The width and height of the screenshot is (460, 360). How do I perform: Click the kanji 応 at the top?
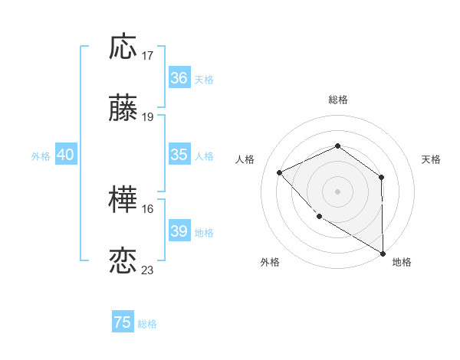tap(123, 47)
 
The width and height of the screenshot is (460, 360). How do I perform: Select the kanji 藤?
tap(123, 109)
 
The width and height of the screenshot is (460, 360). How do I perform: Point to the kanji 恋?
tap(123, 261)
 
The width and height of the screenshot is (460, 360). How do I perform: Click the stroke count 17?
tap(148, 56)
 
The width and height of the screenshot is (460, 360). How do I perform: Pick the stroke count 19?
tap(148, 117)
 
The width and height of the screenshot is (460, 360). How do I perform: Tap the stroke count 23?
tap(148, 270)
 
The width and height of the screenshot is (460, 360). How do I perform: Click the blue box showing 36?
tap(179, 78)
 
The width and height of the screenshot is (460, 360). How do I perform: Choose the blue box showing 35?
tap(179, 155)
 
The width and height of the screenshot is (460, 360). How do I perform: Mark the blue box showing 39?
tap(179, 231)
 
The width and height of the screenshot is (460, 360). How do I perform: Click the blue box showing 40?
tap(65, 155)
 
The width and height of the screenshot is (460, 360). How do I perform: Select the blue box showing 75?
tap(123, 322)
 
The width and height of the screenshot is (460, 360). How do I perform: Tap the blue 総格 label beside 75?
tap(147, 324)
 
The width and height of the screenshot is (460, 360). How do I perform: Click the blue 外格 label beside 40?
tap(41, 156)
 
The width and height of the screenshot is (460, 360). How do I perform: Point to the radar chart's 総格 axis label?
tap(337, 100)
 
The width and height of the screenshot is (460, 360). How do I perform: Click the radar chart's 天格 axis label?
tap(431, 159)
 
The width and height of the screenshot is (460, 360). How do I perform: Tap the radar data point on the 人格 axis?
tap(280, 172)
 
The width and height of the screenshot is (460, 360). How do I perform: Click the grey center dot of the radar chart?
tap(337, 191)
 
